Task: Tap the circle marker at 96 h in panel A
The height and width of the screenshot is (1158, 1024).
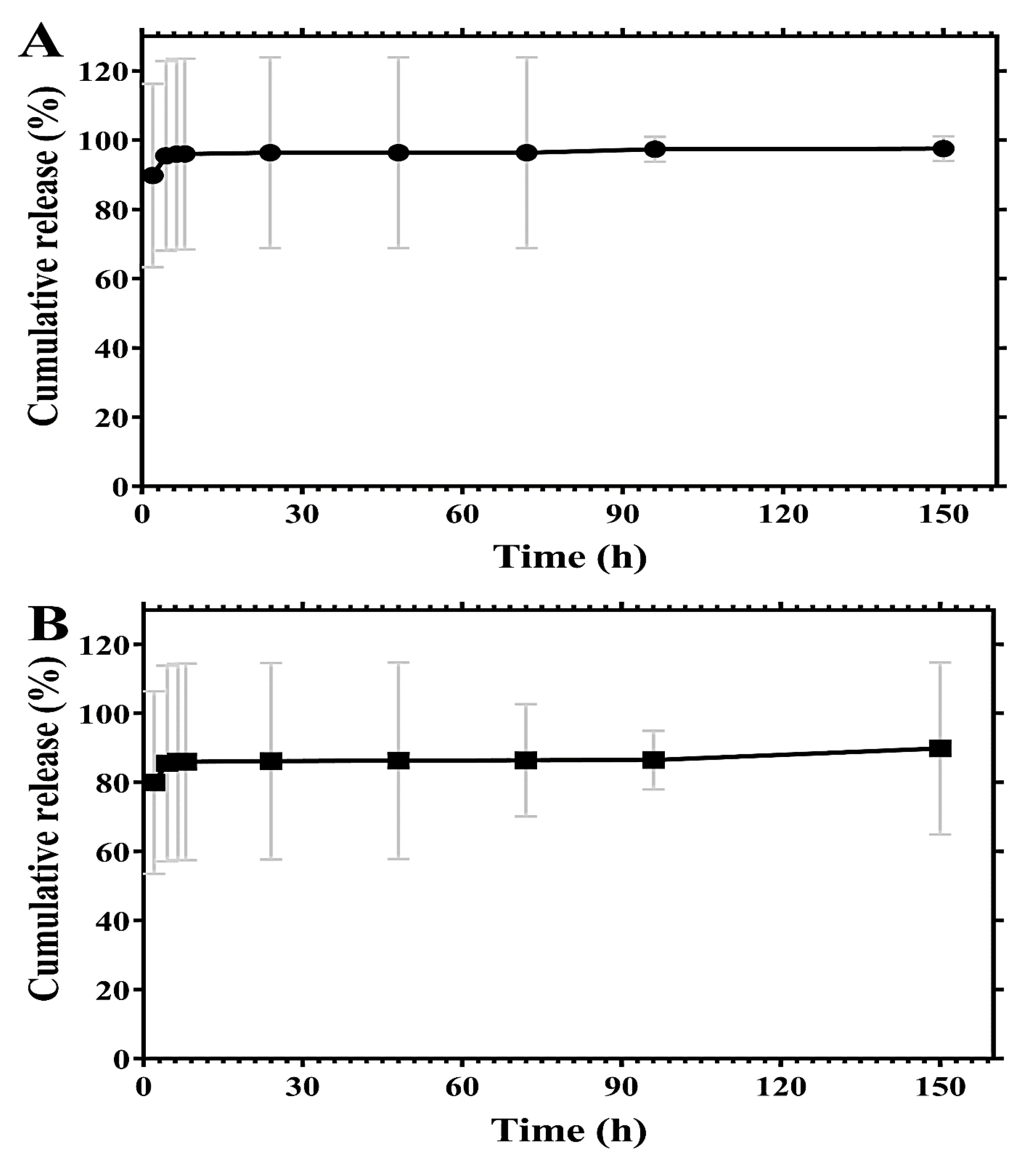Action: [x=655, y=150]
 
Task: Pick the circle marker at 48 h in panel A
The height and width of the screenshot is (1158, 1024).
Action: [x=399, y=152]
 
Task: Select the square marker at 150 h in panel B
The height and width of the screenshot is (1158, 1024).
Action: [x=941, y=748]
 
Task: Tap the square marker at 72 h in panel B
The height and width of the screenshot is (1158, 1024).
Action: [x=525, y=760]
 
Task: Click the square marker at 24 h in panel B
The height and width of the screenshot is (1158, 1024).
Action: [x=271, y=761]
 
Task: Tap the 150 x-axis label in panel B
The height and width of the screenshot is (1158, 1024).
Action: [x=941, y=1087]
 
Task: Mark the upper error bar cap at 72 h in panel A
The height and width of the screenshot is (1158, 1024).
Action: [x=527, y=58]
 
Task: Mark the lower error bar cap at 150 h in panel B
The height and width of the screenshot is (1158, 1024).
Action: [x=941, y=835]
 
